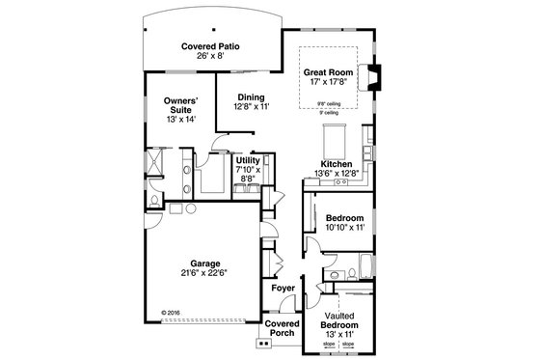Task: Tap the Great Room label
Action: (327, 71)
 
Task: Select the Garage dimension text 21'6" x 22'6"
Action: (205, 272)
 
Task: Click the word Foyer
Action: (282, 288)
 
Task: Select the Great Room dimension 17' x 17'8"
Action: (327, 82)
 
